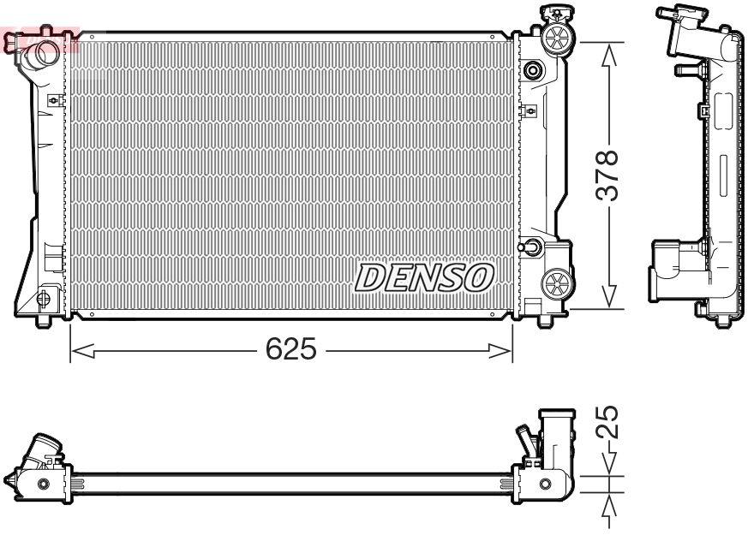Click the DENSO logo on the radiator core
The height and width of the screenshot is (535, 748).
click(x=425, y=277)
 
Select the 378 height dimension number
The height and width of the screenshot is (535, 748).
click(x=607, y=175)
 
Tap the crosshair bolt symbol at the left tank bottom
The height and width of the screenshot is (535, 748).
click(x=43, y=298)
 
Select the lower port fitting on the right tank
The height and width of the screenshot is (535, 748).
click(x=530, y=248)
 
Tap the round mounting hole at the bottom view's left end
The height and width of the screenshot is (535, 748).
click(x=44, y=484)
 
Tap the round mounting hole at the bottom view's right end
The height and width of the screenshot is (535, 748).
click(x=545, y=485)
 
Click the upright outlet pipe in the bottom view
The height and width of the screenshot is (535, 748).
click(x=554, y=437)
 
